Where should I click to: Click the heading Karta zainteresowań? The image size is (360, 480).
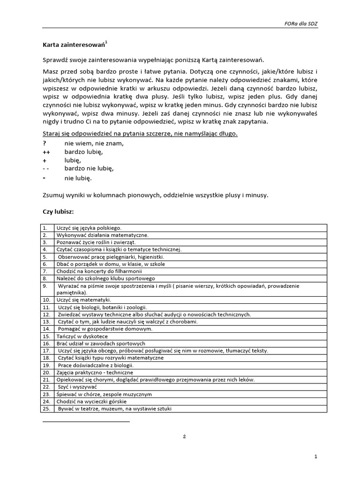tap(73, 45)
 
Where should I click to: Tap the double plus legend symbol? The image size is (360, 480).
tap(46, 152)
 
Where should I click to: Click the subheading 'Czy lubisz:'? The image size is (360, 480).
tap(59, 212)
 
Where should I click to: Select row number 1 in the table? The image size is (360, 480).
tap(45, 228)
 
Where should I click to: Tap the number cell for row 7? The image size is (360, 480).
tap(45, 271)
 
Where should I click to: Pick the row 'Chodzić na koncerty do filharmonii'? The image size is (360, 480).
tap(99, 271)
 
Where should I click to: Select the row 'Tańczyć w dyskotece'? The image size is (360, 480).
tap(82, 336)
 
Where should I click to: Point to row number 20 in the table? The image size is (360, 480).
tap(46, 372)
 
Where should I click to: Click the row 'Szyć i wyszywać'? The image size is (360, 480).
tap(77, 387)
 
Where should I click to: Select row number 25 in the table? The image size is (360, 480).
tap(46, 408)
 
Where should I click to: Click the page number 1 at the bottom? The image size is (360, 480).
tap(316, 456)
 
